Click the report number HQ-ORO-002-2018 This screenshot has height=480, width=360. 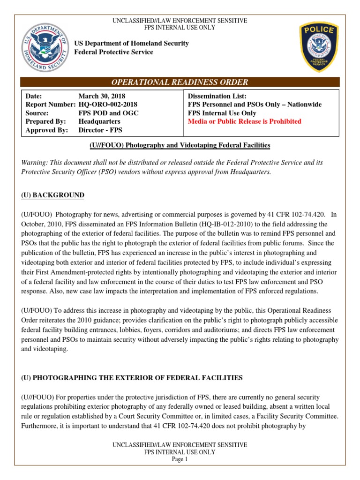pos(108,105)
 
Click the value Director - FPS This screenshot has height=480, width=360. pos(100,130)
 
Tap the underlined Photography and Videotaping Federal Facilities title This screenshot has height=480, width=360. pos(180,145)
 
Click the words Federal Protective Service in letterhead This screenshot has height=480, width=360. pos(114,52)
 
